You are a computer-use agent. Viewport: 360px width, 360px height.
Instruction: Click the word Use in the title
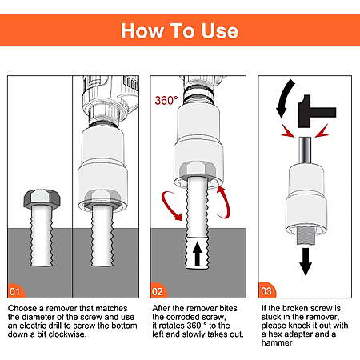click(x=219, y=31)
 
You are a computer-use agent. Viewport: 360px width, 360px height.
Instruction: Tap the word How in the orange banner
click(x=142, y=31)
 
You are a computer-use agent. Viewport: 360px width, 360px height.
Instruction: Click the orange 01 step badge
click(x=15, y=291)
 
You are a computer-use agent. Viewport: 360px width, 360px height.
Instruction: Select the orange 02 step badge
click(x=158, y=291)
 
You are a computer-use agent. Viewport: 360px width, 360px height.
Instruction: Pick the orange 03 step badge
click(x=266, y=290)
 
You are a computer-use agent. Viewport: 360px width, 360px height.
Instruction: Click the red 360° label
click(x=166, y=101)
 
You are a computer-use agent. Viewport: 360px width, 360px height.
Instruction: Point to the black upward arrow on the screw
click(x=198, y=254)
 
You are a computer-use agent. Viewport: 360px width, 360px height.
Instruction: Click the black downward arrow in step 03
click(x=306, y=262)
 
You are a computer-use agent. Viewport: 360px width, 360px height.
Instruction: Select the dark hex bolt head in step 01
click(x=42, y=199)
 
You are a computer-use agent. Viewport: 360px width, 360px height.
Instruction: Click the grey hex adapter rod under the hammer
click(x=305, y=150)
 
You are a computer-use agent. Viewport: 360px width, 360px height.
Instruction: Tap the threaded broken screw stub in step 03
click(x=306, y=235)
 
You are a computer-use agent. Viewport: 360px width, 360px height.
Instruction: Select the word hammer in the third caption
click(x=277, y=342)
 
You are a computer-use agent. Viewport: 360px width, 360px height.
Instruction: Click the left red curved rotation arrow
click(x=170, y=204)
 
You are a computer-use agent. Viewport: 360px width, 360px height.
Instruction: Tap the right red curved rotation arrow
click(x=224, y=202)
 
